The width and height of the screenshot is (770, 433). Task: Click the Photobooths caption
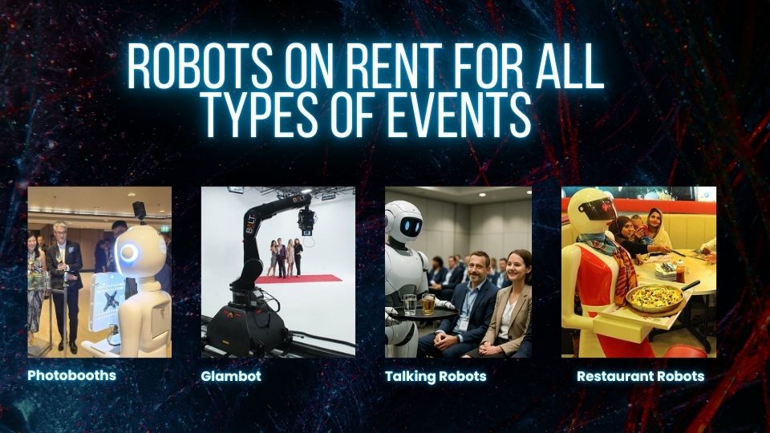71,375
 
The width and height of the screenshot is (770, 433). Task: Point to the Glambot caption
231,376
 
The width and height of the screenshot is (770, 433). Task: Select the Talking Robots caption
435,376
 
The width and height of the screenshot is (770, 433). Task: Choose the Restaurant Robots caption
640,376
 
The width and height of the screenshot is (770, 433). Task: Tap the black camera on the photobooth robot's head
139,211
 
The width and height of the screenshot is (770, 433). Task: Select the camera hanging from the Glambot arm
305,221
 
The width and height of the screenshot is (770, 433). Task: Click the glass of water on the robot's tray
411,304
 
